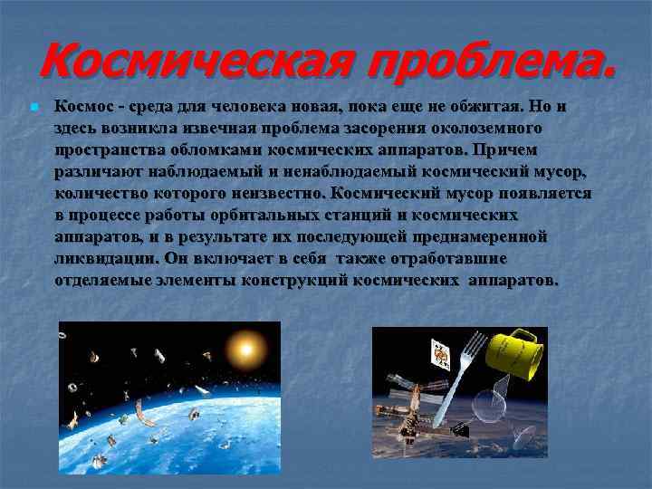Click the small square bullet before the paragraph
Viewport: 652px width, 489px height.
(32, 108)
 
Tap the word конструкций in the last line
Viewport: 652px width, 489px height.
(295, 280)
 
